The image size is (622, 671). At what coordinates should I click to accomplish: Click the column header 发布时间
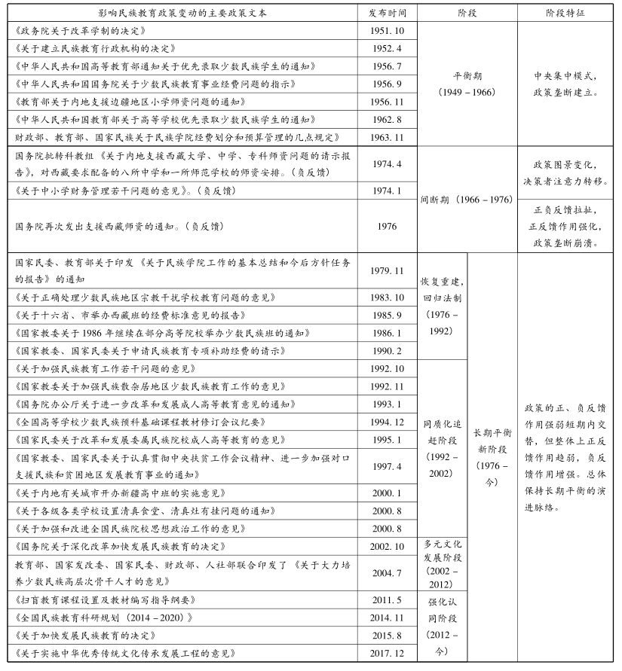coord(387,14)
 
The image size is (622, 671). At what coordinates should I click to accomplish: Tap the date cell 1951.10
coord(387,31)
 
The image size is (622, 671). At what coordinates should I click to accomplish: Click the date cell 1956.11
coord(387,102)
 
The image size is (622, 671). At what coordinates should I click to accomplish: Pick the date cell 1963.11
coord(387,137)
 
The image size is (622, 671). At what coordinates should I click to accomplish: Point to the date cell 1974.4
coord(387,163)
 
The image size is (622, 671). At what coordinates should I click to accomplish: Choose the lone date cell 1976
coord(387,225)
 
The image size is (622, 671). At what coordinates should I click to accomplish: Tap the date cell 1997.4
coord(387,466)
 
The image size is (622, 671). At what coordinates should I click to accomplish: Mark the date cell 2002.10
coord(387,546)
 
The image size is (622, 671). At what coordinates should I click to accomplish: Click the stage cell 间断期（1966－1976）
coord(466,200)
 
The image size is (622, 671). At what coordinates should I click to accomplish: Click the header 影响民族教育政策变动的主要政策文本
coord(182,14)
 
